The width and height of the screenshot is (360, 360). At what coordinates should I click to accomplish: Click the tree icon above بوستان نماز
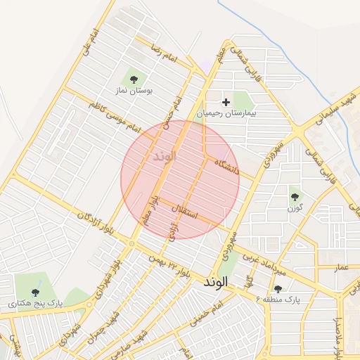pos(134,78)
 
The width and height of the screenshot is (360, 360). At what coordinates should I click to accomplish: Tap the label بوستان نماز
pos(134,91)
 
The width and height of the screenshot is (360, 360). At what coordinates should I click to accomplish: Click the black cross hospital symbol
pos(226,103)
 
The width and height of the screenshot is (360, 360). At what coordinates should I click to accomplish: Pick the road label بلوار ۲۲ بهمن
pos(168,265)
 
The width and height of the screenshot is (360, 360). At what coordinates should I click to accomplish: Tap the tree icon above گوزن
pos(295,197)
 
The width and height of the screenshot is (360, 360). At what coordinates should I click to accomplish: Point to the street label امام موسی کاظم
pos(115,117)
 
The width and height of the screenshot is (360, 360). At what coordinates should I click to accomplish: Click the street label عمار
pos(342,268)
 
